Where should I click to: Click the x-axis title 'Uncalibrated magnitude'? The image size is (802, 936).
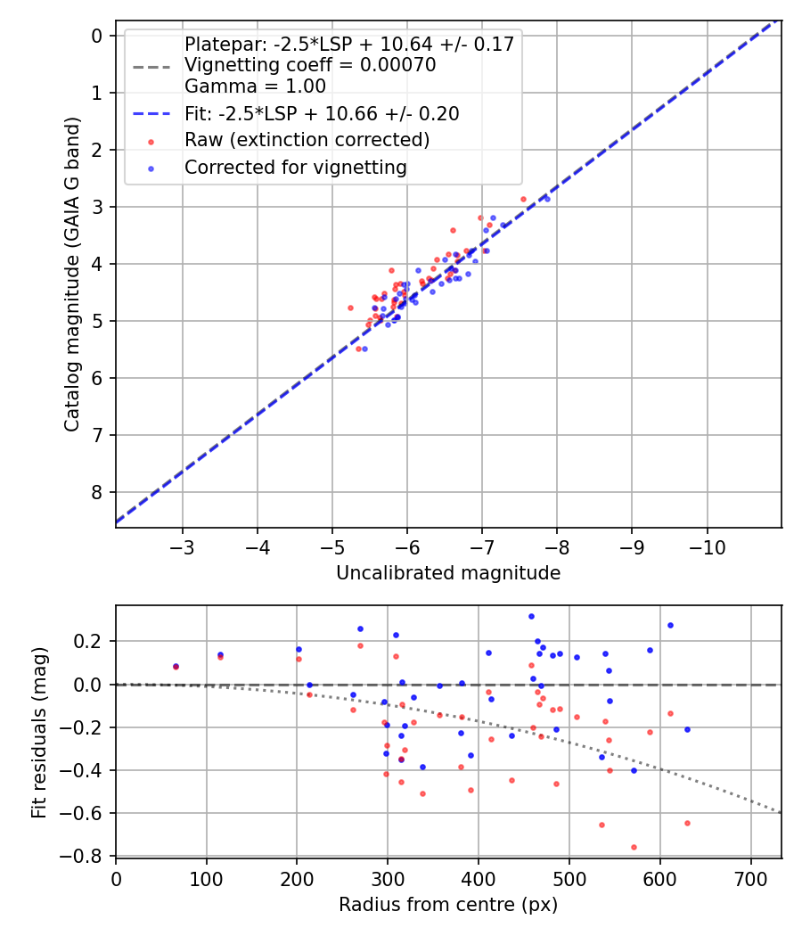coord(448,573)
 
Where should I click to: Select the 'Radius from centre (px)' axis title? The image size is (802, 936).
coord(448,905)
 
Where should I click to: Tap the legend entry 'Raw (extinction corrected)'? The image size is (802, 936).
coord(307,140)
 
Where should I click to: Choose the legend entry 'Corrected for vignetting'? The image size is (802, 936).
coord(295,168)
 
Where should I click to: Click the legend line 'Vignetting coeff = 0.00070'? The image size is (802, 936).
coord(309,65)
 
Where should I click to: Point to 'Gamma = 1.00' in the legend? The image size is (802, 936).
coord(255,86)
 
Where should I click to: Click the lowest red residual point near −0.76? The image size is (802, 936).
coord(634,847)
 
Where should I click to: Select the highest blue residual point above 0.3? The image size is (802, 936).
coord(531,616)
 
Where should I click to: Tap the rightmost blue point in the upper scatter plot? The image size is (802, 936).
coord(547,199)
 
